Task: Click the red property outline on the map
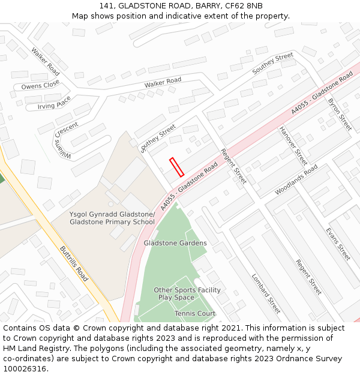(x=176, y=167)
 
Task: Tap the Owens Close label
(x=40, y=85)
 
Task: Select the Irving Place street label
(x=55, y=103)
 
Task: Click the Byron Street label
(x=340, y=113)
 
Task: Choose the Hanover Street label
(x=293, y=146)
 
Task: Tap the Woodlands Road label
(x=296, y=180)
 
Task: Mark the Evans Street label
(x=338, y=244)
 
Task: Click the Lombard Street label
(x=266, y=293)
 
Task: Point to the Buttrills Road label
(x=74, y=263)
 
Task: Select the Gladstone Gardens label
(x=175, y=243)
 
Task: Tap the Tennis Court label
(x=195, y=314)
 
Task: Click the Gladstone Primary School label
(x=112, y=218)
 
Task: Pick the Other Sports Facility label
(x=187, y=290)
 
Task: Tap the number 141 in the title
(x=115, y=6)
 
